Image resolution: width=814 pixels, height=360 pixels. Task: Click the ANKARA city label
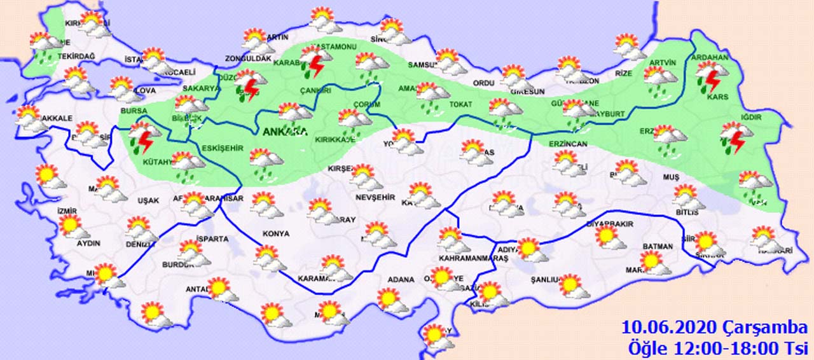point(284,132)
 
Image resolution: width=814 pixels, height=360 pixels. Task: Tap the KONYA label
point(275,234)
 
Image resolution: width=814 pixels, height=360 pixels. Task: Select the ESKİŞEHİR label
point(223,148)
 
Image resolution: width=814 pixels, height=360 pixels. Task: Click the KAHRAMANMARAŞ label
point(471,259)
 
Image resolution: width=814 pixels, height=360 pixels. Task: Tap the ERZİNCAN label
point(568,144)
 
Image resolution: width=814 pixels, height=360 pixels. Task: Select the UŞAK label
point(148,201)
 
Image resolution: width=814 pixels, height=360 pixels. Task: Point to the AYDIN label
point(88,244)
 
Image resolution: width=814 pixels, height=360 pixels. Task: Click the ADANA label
point(402,280)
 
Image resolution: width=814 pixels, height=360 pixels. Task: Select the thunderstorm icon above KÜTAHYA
point(143,137)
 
